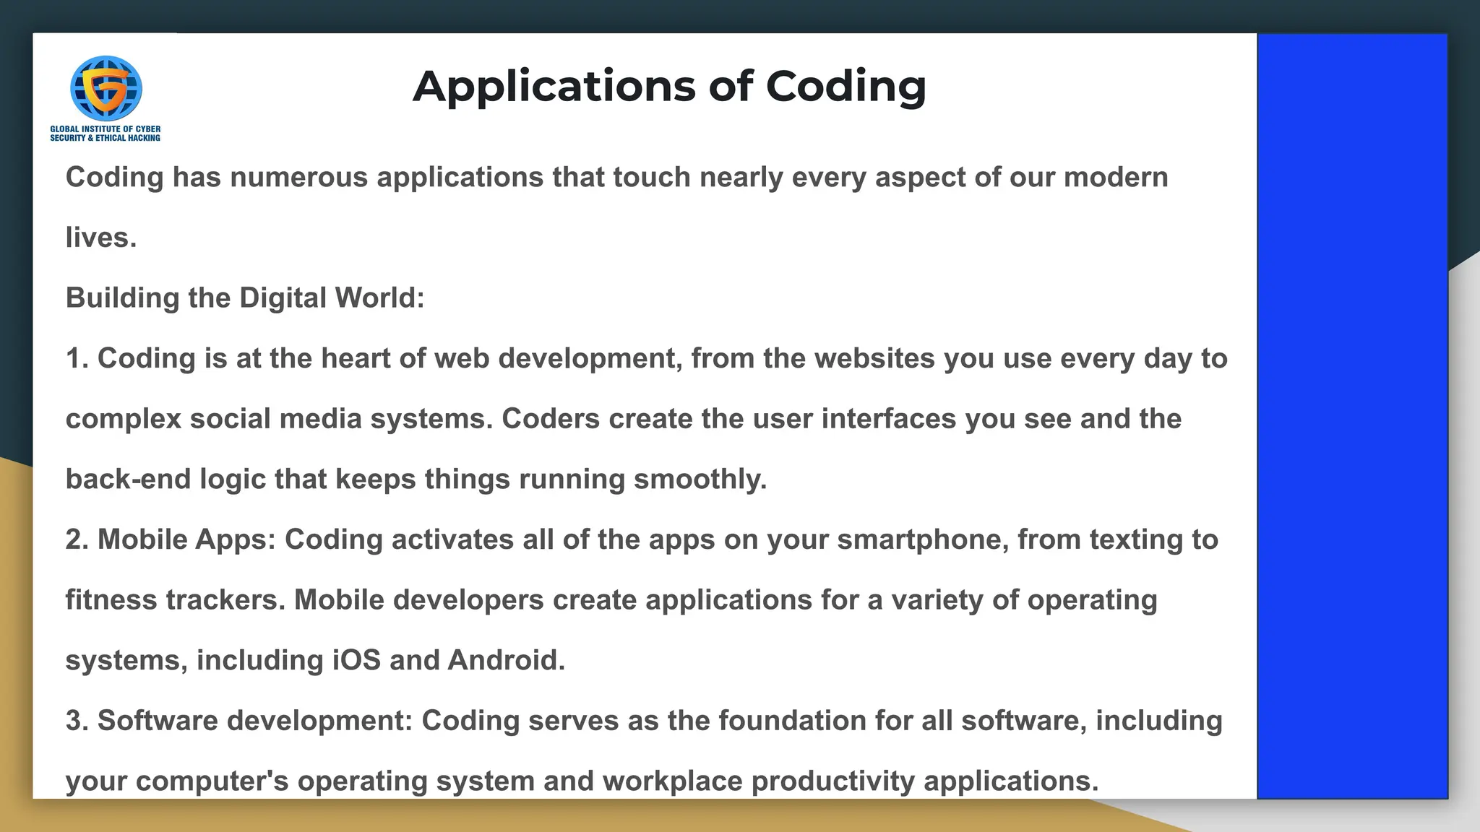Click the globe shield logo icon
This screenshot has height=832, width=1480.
106,88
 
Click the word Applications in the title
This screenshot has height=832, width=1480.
554,87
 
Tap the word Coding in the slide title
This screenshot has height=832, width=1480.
846,87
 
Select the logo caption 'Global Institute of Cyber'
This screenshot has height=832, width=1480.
106,129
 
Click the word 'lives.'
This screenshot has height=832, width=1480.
101,238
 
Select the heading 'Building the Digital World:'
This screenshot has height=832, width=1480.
245,298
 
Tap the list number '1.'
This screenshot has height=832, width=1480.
77,359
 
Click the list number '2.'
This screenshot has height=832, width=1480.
77,540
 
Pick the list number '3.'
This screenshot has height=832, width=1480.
77,721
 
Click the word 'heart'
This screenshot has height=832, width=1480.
355,359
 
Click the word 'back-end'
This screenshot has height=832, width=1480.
128,480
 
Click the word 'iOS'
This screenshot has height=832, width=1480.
356,660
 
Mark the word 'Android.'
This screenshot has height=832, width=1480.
507,660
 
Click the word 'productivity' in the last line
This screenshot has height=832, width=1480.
832,781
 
